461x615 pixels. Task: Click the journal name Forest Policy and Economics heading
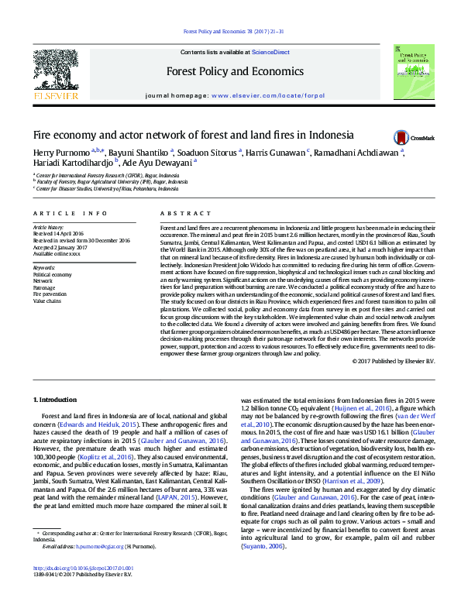tap(235, 71)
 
